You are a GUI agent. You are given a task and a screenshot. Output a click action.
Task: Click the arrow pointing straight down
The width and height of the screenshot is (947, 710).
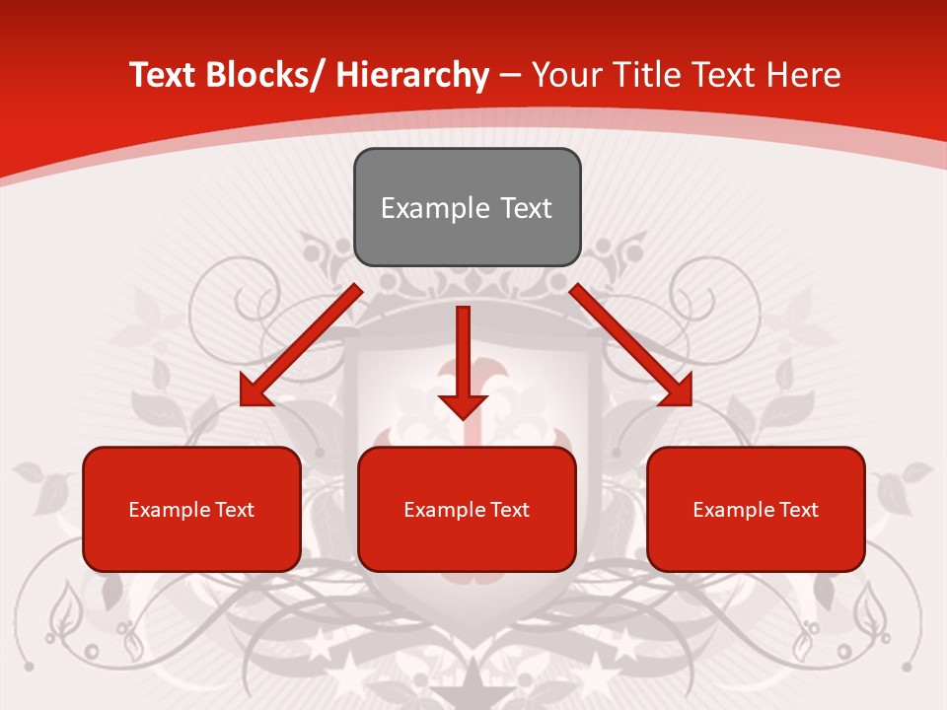point(463,355)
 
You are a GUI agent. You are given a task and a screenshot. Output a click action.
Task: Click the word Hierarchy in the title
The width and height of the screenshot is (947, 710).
point(412,76)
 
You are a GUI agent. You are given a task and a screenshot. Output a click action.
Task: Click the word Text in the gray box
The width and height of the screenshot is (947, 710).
point(525,208)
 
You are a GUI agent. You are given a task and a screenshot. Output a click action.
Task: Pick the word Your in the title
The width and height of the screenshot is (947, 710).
point(564,76)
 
